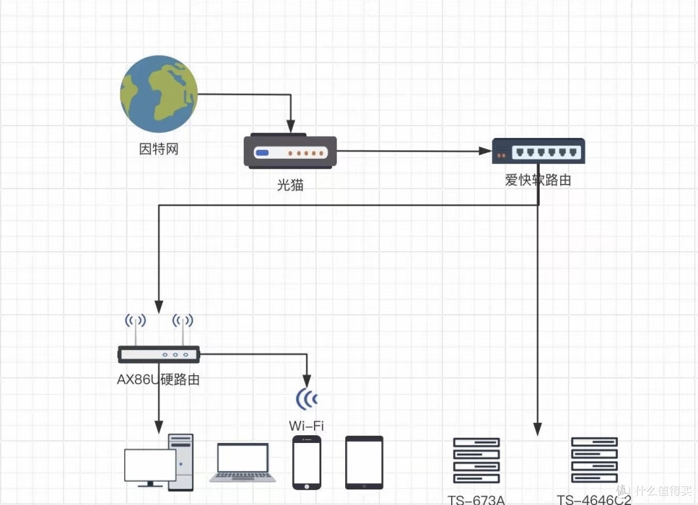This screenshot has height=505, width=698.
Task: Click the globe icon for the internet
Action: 159,94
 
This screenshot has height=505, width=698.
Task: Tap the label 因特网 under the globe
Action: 159,150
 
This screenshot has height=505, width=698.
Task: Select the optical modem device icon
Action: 290,152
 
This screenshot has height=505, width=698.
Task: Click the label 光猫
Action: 290,185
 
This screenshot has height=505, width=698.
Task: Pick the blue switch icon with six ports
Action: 538,151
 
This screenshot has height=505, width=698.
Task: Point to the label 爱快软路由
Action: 538,181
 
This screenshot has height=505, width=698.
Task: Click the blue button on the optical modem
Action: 262,153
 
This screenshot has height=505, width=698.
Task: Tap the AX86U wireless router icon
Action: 159,353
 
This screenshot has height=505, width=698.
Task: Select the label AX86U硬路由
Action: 158,380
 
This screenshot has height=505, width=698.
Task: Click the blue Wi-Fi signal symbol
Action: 307,399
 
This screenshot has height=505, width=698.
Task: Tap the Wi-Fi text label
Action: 306,426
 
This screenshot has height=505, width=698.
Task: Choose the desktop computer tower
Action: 180,462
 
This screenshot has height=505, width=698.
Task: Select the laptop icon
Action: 242,462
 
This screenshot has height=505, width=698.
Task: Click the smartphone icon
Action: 306,462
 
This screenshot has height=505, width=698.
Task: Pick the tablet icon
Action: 364,462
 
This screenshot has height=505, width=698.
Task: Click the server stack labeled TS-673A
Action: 477,460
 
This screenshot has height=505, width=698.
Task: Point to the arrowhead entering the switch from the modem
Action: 485,152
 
